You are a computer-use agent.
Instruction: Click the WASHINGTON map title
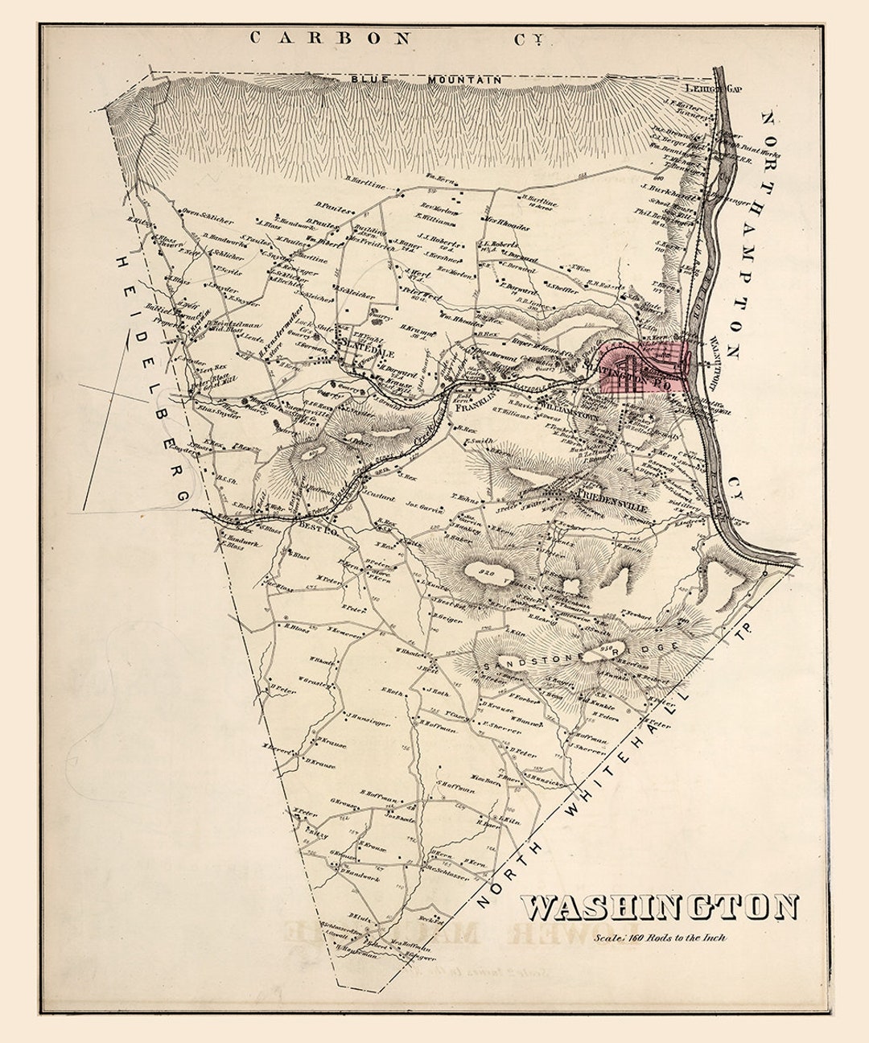tap(661, 907)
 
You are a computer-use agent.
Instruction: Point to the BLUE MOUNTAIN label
tap(426, 80)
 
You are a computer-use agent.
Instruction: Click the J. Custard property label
tap(378, 498)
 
